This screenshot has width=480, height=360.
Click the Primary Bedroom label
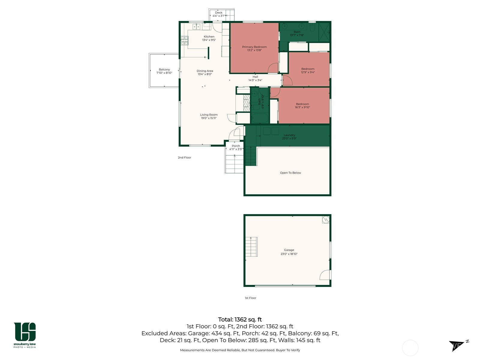[254, 47]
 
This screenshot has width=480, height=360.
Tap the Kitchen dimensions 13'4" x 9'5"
[209, 40]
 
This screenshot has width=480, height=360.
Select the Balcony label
[164, 69]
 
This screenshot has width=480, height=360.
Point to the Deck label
[219, 13]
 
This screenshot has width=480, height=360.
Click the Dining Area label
[205, 71]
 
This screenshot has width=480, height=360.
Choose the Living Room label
[209, 115]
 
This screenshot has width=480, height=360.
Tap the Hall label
[255, 77]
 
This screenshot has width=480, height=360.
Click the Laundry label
[289, 135]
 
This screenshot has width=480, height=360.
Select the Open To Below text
[290, 173]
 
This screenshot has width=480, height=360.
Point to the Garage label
[289, 250]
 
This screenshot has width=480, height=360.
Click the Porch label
[236, 146]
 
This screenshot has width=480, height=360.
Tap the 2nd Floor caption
[184, 157]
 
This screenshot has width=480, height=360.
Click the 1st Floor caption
[250, 298]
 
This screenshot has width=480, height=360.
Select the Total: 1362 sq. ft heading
[240, 319]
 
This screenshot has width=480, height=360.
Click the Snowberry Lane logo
[25, 335]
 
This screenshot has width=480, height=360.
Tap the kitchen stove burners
[184, 41]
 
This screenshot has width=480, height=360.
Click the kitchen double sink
[196, 27]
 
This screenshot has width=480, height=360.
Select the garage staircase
[251, 247]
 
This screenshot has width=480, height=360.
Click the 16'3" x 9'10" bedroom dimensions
[302, 107]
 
